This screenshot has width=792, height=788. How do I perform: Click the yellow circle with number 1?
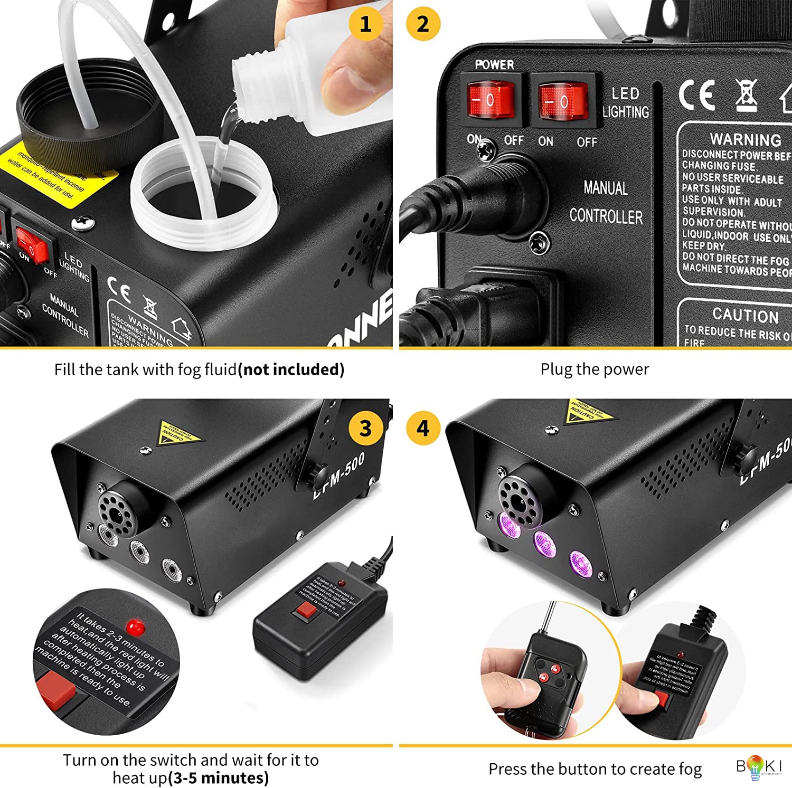365,24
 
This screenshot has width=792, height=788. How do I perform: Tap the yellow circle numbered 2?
423,24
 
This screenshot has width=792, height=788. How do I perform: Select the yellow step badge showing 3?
365,428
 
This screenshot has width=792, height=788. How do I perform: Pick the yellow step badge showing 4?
423,428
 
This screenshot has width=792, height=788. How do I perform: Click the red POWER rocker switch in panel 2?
491,100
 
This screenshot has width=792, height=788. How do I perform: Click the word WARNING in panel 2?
745,140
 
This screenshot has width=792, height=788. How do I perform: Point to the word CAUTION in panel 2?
745,315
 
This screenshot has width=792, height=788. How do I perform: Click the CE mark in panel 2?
697,96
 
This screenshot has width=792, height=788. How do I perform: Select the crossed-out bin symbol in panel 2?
746,95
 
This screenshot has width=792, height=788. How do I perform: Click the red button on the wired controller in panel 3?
306,612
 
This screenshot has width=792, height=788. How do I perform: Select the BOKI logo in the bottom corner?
759,767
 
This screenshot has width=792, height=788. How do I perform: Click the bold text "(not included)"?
291,369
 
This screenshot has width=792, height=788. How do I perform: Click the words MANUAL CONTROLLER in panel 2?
606,203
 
